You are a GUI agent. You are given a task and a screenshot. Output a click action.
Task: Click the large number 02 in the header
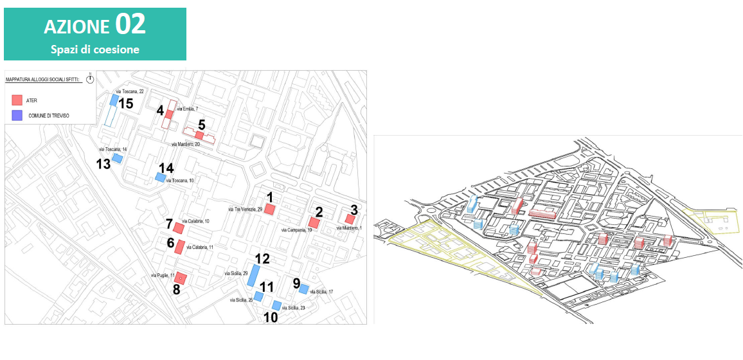[x=130, y=24]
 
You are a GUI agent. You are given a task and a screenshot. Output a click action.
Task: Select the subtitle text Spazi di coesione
[x=95, y=49]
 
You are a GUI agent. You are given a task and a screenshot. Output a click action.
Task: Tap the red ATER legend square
[x=17, y=100]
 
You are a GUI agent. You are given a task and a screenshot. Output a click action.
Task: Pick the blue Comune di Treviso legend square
[x=17, y=115]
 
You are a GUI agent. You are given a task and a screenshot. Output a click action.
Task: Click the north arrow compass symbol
[x=90, y=78]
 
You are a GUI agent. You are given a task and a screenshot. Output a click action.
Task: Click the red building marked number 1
[x=271, y=209]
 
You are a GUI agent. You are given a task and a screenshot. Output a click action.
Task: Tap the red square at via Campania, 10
[x=314, y=222]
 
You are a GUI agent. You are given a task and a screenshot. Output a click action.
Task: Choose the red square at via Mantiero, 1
[x=350, y=219]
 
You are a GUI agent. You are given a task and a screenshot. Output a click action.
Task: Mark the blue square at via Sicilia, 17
[x=303, y=289]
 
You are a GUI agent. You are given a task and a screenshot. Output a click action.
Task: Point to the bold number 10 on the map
[x=271, y=317]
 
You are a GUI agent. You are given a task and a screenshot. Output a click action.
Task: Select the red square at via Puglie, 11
[x=181, y=278]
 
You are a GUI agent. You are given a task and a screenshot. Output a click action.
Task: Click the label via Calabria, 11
[x=199, y=247]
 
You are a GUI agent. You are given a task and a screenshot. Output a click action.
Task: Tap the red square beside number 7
[x=179, y=228]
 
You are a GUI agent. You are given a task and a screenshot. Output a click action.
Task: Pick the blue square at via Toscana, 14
[x=118, y=157]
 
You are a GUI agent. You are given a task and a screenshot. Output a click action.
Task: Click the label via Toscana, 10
[x=180, y=181]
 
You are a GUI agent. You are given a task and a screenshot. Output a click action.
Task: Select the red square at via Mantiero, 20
[x=199, y=135]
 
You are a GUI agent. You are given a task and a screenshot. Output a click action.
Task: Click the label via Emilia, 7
[x=187, y=109]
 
